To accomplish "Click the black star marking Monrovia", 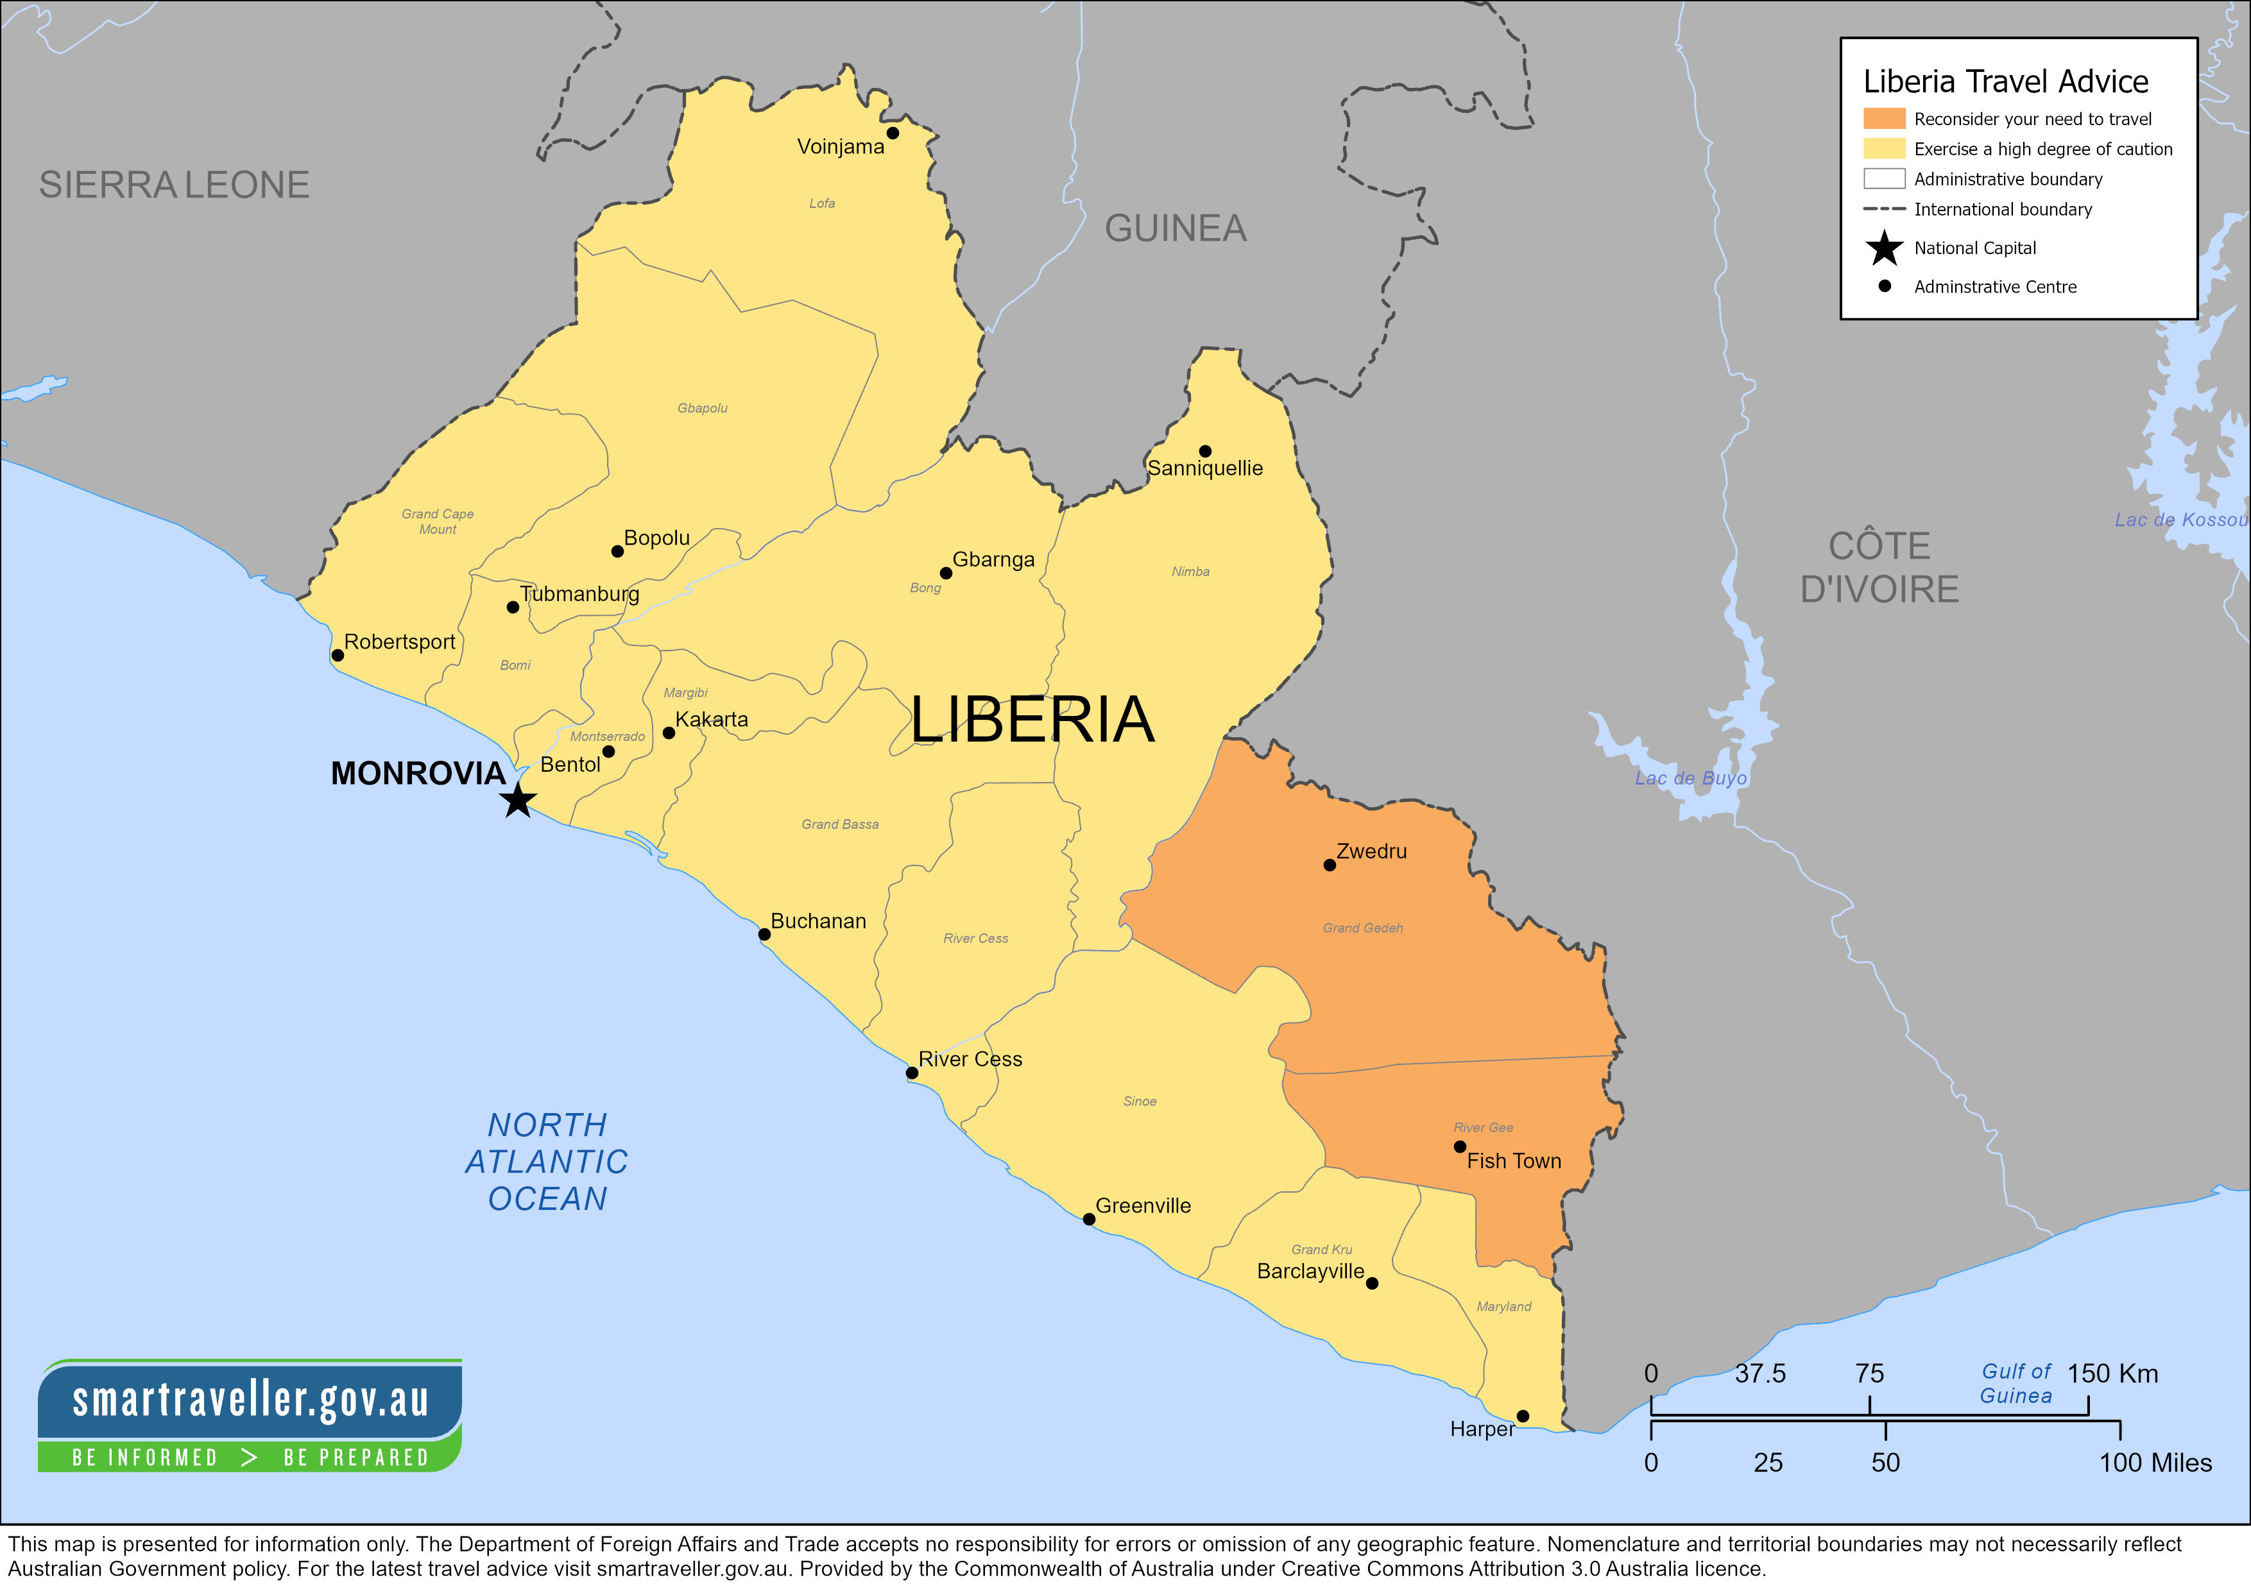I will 518,800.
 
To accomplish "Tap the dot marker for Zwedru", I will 1330,865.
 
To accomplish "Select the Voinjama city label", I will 840,146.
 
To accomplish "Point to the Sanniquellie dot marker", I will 1205,451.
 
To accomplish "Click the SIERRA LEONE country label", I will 173,184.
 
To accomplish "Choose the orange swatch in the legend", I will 1883,119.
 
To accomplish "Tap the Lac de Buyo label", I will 1690,778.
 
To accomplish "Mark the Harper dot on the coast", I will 1523,1415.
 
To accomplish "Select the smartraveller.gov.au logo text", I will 250,1399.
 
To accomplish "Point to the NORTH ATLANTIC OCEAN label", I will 547,1162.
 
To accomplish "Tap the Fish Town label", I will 1513,1161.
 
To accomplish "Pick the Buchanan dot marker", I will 764,934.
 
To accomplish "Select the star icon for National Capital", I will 1883,248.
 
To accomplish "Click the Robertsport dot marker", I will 338,655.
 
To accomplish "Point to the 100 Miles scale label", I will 2154,1463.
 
